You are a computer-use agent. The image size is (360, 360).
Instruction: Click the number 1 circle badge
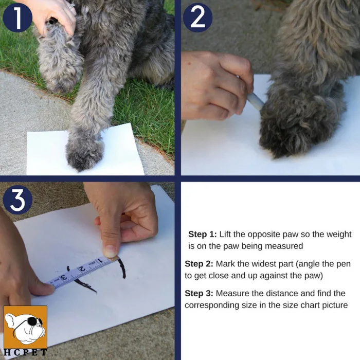[x=17, y=17]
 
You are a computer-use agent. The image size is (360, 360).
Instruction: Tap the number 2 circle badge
[x=197, y=17]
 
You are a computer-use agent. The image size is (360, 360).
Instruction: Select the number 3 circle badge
[x=17, y=200]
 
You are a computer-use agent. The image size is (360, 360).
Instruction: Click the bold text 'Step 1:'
[x=203, y=235]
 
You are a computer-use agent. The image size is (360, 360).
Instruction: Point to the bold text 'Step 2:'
[x=199, y=264]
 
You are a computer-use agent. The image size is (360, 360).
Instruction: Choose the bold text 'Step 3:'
[x=199, y=294]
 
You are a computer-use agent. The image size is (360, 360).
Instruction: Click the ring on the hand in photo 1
[x=72, y=6]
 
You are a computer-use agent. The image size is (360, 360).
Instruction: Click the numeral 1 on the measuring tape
[x=100, y=261]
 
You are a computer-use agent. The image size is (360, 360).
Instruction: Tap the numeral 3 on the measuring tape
[x=64, y=277]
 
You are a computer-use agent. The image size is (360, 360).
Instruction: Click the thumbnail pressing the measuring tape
[x=110, y=251]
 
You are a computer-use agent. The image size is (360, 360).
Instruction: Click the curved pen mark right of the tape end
[x=123, y=268]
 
